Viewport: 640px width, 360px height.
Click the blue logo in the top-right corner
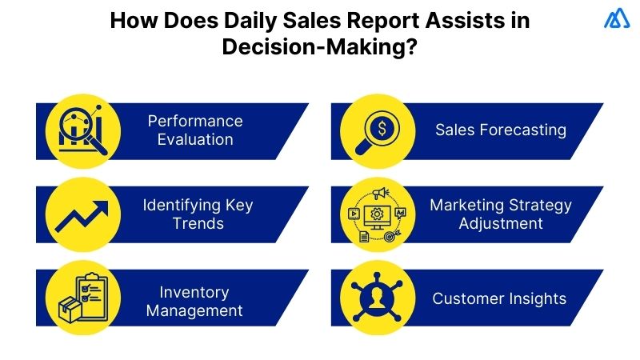pos(618,19)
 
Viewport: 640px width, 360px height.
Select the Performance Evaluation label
pos(194,130)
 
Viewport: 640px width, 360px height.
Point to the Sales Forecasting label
pos(501,130)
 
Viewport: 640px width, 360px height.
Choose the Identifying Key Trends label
pos(198,213)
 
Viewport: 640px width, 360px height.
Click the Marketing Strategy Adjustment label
pos(501,213)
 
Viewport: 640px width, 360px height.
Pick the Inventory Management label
pos(194,301)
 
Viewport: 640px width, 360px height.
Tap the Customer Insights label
pos(499,298)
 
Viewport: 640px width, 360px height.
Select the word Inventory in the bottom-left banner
pos(194,292)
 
